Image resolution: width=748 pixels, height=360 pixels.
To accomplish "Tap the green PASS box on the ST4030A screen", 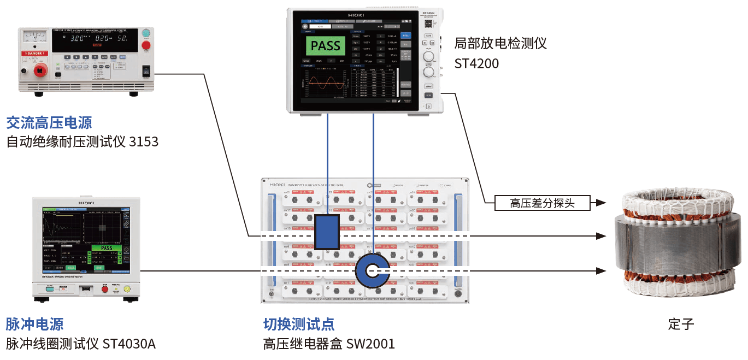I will pos(105,248).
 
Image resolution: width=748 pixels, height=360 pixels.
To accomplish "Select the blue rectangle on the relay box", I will pos(327,232).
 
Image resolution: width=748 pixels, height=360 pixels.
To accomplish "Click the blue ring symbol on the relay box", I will pos(372,270).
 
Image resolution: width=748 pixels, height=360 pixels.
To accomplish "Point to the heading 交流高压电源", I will pos(49,122).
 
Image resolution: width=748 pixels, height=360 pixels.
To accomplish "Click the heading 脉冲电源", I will pos(35,324).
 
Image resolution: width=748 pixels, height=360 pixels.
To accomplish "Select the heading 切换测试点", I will pos(299,324).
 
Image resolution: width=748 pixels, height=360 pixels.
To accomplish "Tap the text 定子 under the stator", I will pos(681,324).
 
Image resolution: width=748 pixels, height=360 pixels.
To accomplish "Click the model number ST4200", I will pos(476,63).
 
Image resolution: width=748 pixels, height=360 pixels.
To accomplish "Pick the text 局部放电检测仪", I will pos(500,43).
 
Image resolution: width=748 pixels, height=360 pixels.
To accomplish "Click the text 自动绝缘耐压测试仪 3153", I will pos(83,142).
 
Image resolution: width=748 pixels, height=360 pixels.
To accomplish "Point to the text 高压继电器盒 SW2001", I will pos(328,344).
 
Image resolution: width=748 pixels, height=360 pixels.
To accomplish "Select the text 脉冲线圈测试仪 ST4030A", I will pos(81,344).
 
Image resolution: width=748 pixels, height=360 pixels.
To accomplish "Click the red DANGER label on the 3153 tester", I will pos(40,54).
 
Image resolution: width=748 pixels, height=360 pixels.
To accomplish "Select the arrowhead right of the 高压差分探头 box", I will pos(600,203).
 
